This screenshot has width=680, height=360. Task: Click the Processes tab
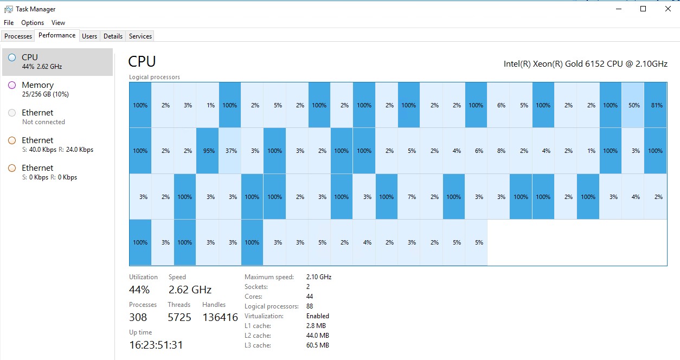18,36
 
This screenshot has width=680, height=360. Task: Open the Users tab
89,36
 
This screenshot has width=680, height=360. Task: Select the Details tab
113,36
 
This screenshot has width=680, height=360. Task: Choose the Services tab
140,36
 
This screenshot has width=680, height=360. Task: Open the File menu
9,23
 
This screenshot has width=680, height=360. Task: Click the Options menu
33,23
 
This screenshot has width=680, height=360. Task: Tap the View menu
58,23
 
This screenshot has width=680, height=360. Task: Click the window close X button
668,9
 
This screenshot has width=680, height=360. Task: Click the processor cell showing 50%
633,105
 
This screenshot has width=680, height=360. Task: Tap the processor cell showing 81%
656,105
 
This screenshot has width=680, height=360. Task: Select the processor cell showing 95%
208,151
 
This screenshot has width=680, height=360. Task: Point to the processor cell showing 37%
230,151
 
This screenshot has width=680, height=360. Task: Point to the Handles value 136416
220,318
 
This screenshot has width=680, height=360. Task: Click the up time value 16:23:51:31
156,345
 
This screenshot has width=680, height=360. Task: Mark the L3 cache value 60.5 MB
317,345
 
